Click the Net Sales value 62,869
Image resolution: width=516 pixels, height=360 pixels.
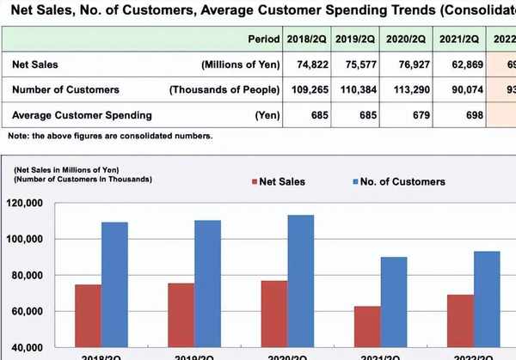coord(460,65)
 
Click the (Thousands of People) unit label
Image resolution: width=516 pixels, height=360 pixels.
coord(225,90)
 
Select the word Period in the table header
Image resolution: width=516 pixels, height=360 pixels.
coord(264,40)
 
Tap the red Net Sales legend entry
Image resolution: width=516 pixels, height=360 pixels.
coord(278,181)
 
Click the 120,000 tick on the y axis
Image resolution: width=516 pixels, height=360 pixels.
coord(32,204)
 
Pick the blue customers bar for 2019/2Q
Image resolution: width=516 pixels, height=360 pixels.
coord(207,284)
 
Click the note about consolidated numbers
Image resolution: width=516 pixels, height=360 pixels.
coord(109,136)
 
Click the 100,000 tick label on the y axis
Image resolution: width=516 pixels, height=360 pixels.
coord(32,239)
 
